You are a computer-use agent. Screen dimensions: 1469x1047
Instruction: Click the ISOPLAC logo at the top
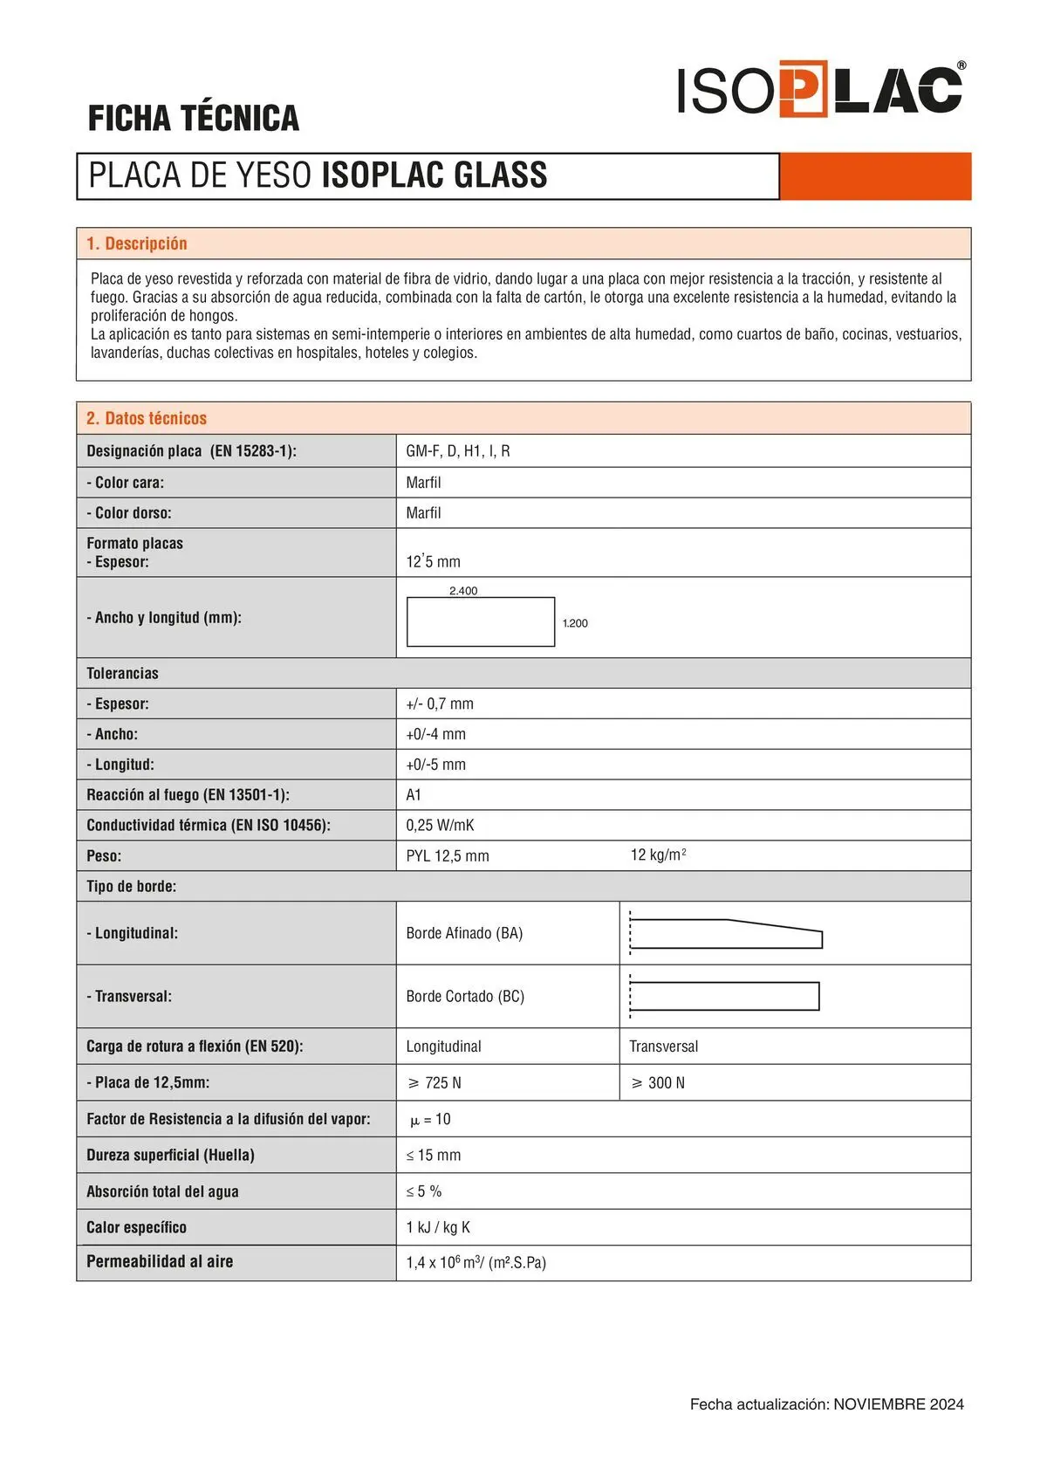(820, 89)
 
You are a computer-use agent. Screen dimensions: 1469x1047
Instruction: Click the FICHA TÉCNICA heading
(193, 119)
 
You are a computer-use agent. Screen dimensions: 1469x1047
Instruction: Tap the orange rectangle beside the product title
(875, 176)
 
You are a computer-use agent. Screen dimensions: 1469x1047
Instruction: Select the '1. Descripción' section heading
(137, 244)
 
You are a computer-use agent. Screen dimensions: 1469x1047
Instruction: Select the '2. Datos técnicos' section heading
(147, 418)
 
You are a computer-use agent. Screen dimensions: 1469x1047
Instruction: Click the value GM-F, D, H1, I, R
(458, 451)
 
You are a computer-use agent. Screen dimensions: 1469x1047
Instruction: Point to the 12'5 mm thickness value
(433, 561)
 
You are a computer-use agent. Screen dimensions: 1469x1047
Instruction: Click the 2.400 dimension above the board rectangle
(463, 591)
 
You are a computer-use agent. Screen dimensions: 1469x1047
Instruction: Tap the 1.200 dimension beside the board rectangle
(575, 623)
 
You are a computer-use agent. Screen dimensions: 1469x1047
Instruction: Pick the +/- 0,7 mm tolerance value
(440, 704)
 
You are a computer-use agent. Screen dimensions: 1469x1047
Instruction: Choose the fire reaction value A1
(414, 795)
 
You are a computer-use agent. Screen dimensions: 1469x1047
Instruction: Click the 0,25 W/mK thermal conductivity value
(440, 826)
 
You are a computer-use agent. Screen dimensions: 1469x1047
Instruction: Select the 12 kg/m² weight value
(658, 855)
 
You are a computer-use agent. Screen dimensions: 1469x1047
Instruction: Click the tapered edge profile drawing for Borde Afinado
(726, 933)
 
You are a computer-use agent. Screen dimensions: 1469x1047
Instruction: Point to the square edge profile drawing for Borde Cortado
(724, 996)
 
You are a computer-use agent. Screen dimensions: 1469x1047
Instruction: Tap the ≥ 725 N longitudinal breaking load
(435, 1083)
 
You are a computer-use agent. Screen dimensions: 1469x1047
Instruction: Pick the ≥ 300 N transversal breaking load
(658, 1083)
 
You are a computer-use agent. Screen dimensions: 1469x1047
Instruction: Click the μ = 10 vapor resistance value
(430, 1120)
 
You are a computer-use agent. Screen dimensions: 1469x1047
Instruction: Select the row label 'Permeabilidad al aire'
(160, 1261)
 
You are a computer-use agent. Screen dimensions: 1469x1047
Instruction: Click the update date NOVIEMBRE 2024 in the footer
(899, 1404)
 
